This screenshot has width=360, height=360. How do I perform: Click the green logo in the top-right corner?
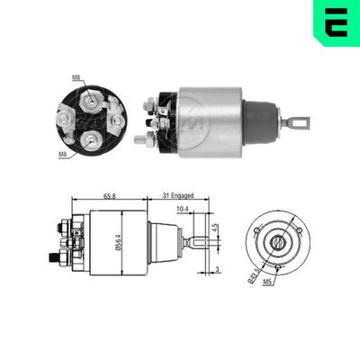336,22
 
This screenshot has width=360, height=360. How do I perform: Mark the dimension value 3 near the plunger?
217,268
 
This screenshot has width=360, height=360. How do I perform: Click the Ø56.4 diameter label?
119,243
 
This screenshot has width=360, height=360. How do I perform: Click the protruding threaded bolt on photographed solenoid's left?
141,139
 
